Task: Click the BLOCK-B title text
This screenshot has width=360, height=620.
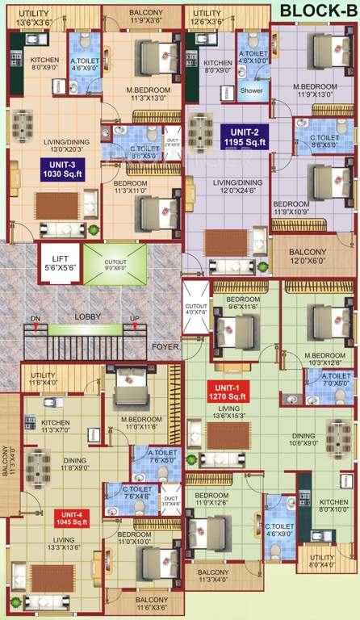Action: click(x=317, y=10)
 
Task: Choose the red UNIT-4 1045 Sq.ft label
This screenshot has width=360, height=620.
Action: click(x=71, y=519)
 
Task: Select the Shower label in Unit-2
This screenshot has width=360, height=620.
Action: click(x=251, y=90)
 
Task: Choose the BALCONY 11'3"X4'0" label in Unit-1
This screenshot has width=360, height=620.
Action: click(x=215, y=576)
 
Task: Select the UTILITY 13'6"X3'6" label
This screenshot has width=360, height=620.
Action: click(x=33, y=17)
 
